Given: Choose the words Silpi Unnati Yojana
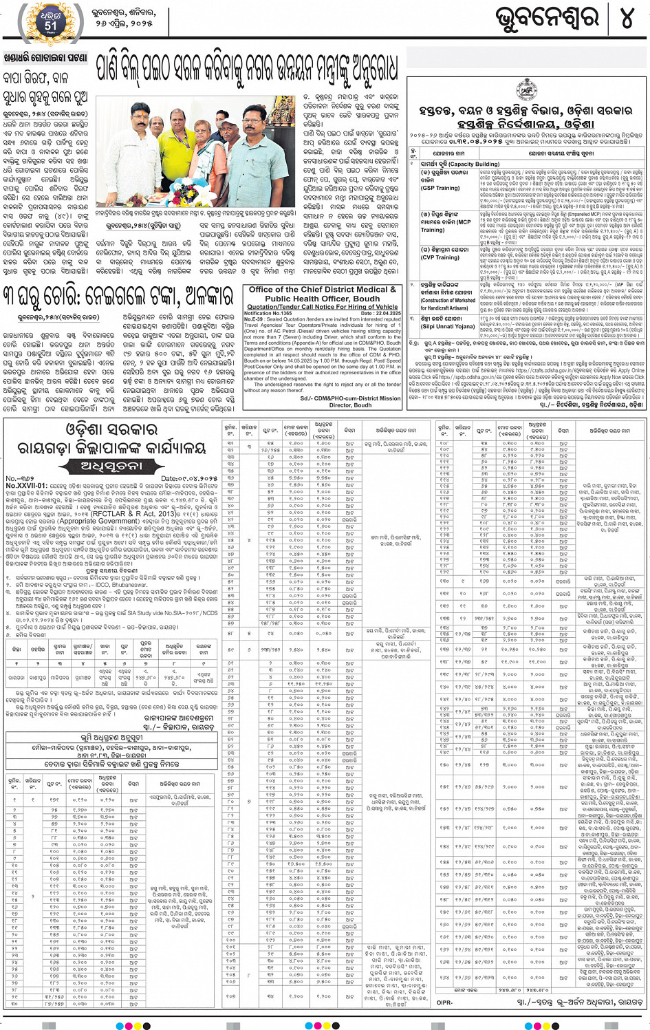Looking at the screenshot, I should point(446,326).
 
